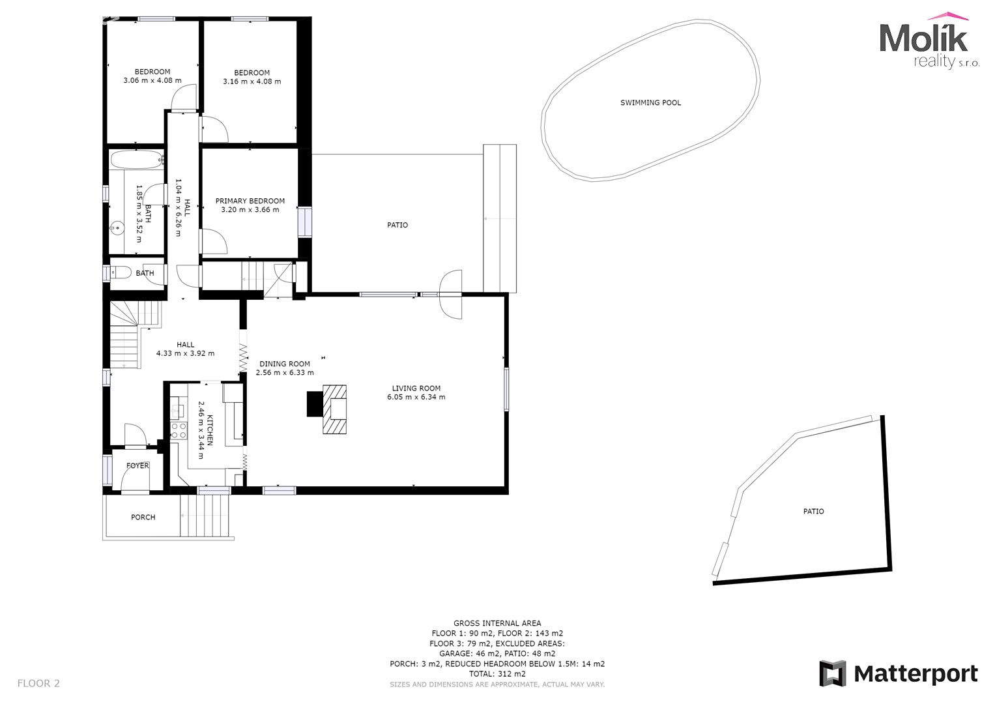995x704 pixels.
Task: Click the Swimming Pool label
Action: (x=650, y=103)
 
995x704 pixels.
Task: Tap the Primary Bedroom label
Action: (x=250, y=201)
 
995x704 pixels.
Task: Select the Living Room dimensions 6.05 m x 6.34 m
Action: (x=416, y=397)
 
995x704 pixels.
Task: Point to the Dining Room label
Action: (x=285, y=364)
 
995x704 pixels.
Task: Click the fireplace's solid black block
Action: (x=315, y=404)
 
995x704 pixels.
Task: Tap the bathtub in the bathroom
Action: (x=137, y=160)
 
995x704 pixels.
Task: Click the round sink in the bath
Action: (x=117, y=228)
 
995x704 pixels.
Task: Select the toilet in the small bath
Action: (x=121, y=272)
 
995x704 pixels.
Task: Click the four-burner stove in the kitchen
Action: (x=179, y=430)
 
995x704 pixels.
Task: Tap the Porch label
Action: (x=143, y=517)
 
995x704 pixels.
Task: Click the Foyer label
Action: (x=137, y=465)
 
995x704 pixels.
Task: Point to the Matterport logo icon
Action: (x=832, y=673)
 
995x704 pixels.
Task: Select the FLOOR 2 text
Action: (x=38, y=683)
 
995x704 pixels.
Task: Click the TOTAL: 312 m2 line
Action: (x=498, y=674)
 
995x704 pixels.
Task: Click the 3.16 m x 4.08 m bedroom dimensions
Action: (x=252, y=81)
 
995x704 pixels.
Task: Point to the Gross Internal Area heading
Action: (x=498, y=623)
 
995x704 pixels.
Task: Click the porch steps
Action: (x=205, y=515)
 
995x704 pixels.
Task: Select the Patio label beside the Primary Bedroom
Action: (x=397, y=225)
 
